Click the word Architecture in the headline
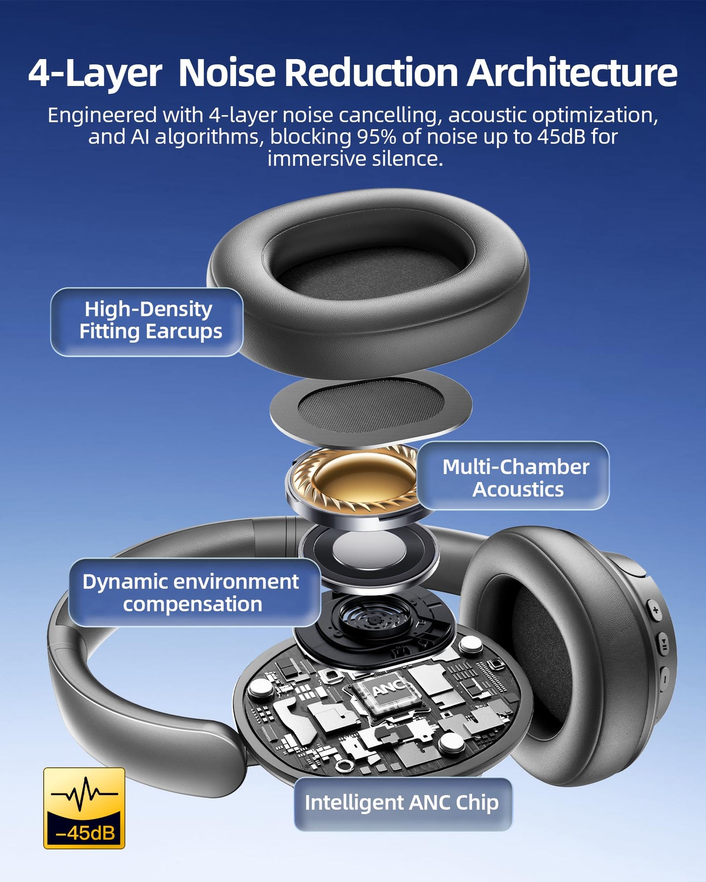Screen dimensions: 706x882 572,73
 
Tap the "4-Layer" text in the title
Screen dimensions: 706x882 95,73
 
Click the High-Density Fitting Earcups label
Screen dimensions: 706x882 147,322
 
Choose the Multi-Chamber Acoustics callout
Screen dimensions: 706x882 513,476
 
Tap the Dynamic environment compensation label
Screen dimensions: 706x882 194,592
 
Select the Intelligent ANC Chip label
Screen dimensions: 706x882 403,803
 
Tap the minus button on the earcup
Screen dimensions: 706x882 664,678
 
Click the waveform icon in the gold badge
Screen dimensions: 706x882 84,793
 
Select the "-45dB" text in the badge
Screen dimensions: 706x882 85,832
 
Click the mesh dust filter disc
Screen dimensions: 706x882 371,408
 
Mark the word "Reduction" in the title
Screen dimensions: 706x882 371,73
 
